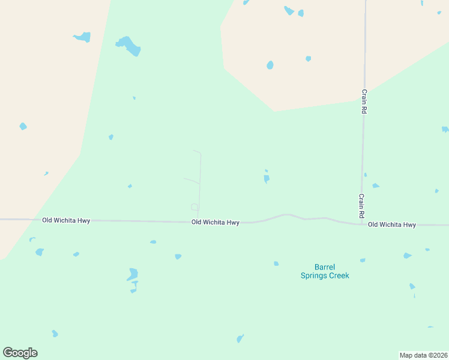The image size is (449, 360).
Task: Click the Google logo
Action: pyautogui.click(x=20, y=353)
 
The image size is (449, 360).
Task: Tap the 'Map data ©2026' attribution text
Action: pyautogui.click(x=423, y=355)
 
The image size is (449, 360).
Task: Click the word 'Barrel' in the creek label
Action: pyautogui.click(x=324, y=267)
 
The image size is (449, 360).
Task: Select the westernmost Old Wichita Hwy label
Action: pyautogui.click(x=66, y=220)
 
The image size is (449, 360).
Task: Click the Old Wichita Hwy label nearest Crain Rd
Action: pyautogui.click(x=391, y=224)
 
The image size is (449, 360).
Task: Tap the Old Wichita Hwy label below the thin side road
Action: pyautogui.click(x=215, y=222)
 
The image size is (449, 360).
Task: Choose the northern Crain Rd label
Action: pyautogui.click(x=364, y=101)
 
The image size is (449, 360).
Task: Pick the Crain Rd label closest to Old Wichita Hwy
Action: pyautogui.click(x=362, y=205)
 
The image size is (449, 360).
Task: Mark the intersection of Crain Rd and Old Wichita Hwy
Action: pyautogui.click(x=362, y=224)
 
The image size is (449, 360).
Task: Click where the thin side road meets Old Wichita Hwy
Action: pyautogui.click(x=197, y=221)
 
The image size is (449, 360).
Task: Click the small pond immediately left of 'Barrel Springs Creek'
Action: pyautogui.click(x=276, y=263)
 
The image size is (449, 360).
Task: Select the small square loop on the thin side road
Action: pyautogui.click(x=194, y=207)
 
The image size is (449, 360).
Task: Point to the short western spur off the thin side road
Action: pyautogui.click(x=191, y=180)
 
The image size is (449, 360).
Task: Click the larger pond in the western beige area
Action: pyautogui.click(x=82, y=37)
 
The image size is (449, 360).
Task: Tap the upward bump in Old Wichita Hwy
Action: pyautogui.click(x=286, y=215)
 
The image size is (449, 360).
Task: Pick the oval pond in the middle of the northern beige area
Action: pyautogui.click(x=270, y=65)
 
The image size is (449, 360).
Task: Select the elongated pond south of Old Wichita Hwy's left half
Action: pyautogui.click(x=133, y=275)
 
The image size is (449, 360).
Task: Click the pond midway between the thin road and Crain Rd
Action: pyautogui.click(x=267, y=178)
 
